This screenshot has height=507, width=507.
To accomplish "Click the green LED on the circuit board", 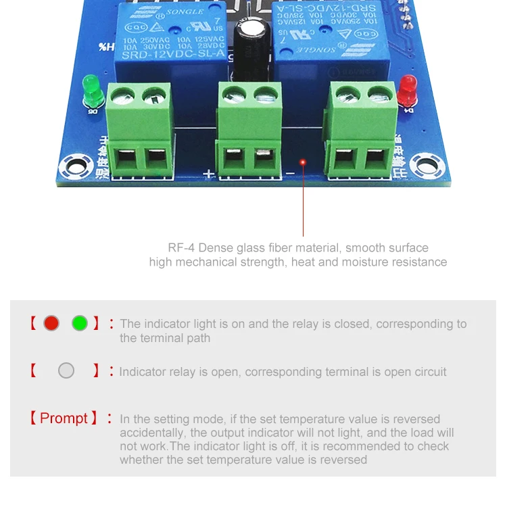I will tap(90, 89).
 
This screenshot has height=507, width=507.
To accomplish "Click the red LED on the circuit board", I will tap(407, 87).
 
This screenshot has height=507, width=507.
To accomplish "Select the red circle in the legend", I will tap(51, 323).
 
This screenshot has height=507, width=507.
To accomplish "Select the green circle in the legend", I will tap(80, 323).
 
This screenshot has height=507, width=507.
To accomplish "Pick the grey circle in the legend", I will tap(66, 370).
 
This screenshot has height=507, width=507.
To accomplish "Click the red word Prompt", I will tap(64, 418).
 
